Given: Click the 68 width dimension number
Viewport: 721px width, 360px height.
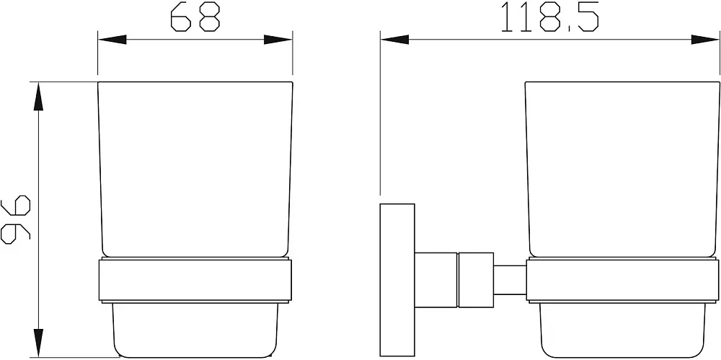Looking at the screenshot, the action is (195, 17).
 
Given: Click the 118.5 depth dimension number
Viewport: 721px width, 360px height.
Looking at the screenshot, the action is (550, 17).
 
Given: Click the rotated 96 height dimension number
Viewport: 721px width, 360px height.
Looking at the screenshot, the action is (16, 219).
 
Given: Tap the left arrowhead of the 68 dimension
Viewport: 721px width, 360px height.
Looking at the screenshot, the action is (112, 40).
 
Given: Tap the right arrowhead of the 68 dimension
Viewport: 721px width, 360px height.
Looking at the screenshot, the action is (278, 40).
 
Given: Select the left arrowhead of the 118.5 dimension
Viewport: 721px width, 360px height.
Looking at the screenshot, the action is (395, 40).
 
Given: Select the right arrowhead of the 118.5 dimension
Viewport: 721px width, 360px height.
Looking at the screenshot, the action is (705, 40).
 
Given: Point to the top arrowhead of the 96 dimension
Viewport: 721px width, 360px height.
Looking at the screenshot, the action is (39, 97).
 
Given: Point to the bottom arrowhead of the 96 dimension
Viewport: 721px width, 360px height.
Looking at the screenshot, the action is (39, 343).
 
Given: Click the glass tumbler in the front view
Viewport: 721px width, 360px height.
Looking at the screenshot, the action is (195, 170).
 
